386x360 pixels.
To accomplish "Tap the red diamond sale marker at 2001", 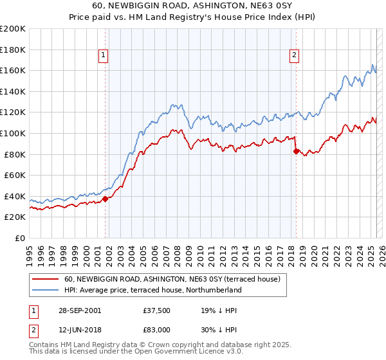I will [x=106, y=199].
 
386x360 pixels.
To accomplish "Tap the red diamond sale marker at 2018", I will [x=296, y=152].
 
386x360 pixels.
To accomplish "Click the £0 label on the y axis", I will [x=19, y=238].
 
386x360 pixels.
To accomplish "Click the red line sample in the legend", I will [x=46, y=280].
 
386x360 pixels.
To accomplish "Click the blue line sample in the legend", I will [x=46, y=291].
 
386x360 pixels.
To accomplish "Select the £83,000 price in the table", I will [x=156, y=329].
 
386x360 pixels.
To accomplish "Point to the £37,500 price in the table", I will [x=156, y=310].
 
